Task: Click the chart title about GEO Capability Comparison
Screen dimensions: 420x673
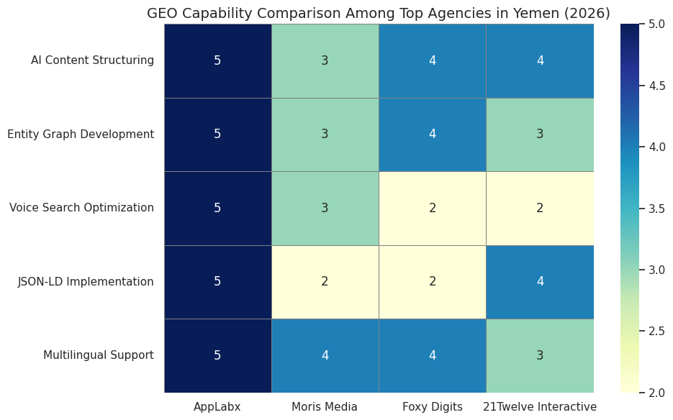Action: pos(378,13)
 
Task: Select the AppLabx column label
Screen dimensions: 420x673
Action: pos(217,407)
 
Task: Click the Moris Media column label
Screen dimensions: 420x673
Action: pos(325,407)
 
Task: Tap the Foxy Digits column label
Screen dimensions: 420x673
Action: pos(433,407)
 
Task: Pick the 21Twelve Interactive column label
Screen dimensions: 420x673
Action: pos(540,407)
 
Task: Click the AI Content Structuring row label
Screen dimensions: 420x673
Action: pos(92,60)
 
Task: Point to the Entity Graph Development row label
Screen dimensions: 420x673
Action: pos(81,134)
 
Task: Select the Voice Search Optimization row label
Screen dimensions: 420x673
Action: pos(81,208)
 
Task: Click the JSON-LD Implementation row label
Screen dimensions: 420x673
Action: pos(86,282)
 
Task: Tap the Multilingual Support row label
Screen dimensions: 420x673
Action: pos(99,355)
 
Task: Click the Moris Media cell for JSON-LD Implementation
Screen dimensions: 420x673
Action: pos(325,282)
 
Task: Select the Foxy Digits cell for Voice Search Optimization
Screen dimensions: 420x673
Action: pos(433,208)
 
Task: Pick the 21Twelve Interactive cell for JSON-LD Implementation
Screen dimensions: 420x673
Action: pos(540,282)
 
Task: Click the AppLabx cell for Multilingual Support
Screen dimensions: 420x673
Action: pos(217,355)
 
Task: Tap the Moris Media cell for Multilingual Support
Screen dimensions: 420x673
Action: pos(325,355)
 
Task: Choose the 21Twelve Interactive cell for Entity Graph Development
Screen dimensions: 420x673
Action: pos(540,134)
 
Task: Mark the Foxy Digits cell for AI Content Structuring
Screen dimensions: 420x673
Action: pos(433,60)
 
